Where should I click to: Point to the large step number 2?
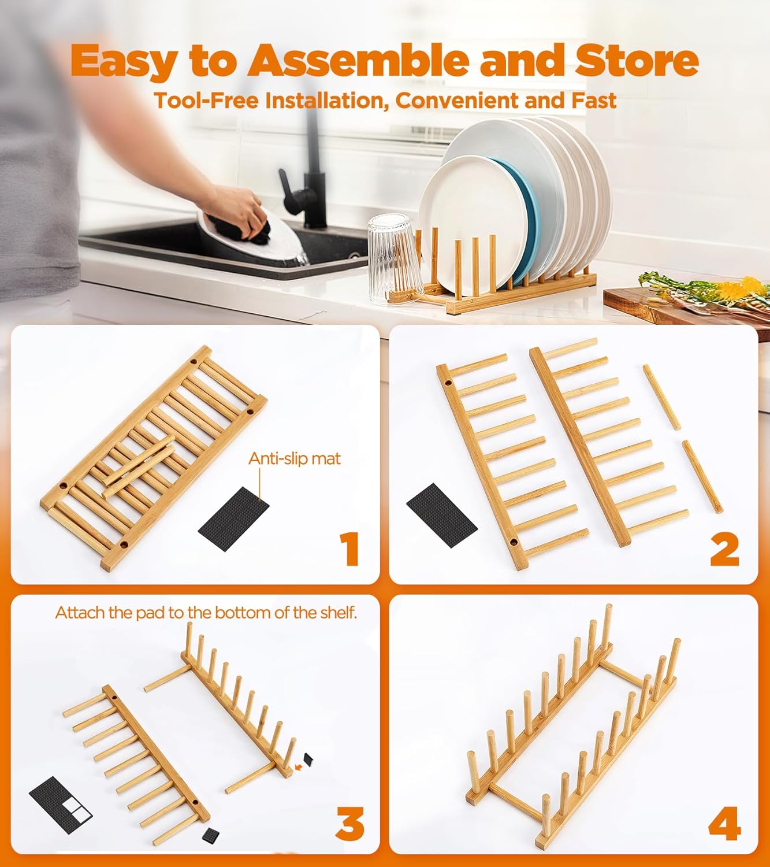point(724,549)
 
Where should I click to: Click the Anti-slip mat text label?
point(294,458)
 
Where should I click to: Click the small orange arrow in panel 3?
point(298,767)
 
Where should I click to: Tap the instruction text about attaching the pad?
point(206,613)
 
